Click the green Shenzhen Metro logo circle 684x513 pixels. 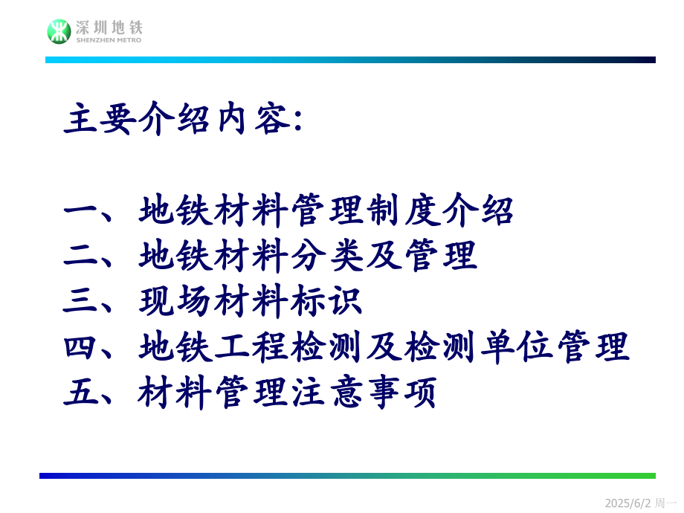(x=59, y=31)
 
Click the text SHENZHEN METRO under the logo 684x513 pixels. (x=109, y=40)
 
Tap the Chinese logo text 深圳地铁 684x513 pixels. (x=109, y=28)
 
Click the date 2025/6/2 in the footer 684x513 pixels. (x=627, y=503)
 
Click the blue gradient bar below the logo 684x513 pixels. (x=350, y=59)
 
